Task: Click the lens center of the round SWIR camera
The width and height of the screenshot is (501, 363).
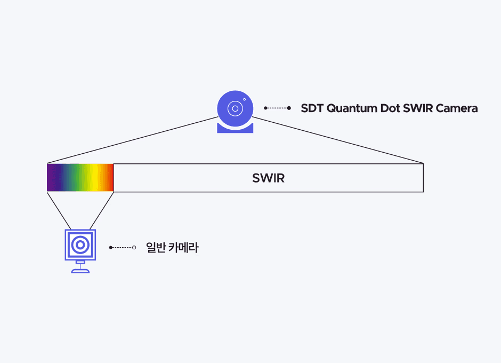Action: pyautogui.click(x=235, y=108)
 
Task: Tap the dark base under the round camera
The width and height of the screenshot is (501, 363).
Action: pyautogui.click(x=235, y=129)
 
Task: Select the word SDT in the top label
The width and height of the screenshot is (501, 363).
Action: pyautogui.click(x=312, y=108)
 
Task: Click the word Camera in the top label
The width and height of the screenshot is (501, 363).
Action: pyautogui.click(x=456, y=108)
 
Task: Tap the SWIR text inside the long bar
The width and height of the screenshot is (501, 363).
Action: pyautogui.click(x=268, y=178)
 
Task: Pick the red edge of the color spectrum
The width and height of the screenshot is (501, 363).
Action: pyautogui.click(x=111, y=178)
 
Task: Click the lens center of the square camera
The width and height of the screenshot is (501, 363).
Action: pyautogui.click(x=80, y=245)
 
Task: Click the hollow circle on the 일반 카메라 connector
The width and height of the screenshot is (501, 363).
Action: pyautogui.click(x=134, y=248)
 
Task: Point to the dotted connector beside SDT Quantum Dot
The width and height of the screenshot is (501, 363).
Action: pyautogui.click(x=277, y=108)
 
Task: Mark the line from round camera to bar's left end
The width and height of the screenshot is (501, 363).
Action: pyautogui.click(x=133, y=140)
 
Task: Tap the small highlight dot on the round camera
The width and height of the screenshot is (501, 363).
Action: pyautogui.click(x=244, y=99)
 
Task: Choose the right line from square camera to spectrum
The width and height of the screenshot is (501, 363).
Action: pyautogui.click(x=102, y=210)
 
